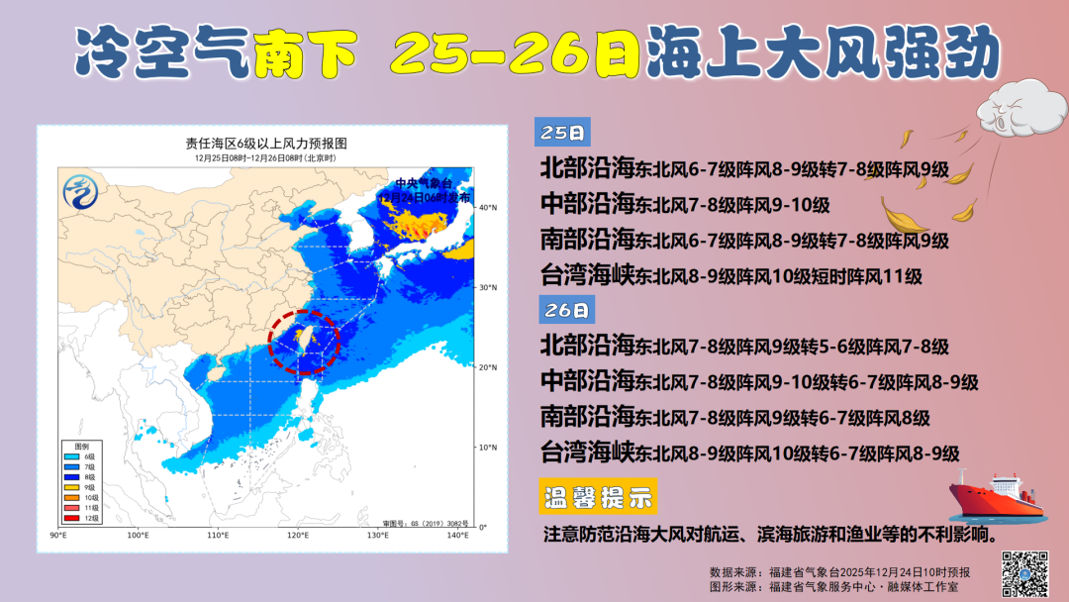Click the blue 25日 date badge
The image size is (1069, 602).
(x=561, y=132)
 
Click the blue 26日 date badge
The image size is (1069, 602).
(x=565, y=310)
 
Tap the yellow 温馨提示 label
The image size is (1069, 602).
(x=599, y=498)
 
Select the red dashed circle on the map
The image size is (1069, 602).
(x=303, y=341)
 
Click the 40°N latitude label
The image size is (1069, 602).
(x=487, y=208)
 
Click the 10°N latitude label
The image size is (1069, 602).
(x=487, y=448)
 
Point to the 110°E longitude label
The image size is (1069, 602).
(x=219, y=536)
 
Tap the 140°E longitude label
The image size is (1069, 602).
(x=456, y=536)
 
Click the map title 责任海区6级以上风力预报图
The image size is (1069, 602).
(x=265, y=145)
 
